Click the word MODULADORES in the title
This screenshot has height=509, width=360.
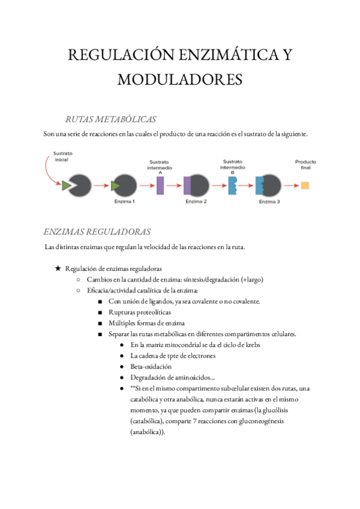click(180, 79)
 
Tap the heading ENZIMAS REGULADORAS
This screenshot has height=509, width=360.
click(97, 232)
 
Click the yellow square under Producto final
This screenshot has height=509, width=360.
click(305, 185)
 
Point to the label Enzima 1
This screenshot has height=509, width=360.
click(124, 202)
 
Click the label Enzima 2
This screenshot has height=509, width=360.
click(196, 202)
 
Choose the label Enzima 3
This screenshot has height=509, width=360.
click(269, 202)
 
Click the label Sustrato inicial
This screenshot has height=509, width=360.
click(63, 157)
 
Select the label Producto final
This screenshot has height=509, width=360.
click(305, 164)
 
